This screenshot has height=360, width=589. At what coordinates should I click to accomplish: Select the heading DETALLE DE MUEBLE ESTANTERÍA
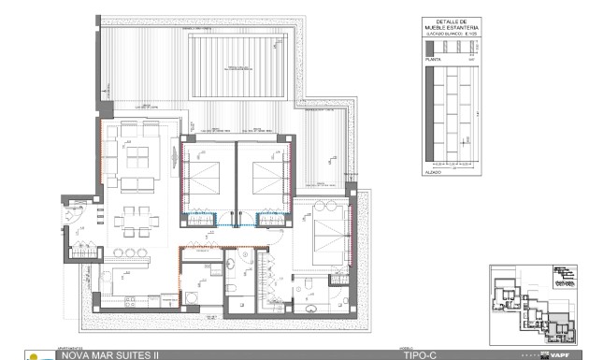click(x=452, y=26)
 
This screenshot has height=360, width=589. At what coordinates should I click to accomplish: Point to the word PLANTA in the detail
click(x=433, y=58)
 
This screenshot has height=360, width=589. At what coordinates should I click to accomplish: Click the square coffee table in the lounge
click(x=141, y=154)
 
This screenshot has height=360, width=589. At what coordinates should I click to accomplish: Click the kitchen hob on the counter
click(x=122, y=274)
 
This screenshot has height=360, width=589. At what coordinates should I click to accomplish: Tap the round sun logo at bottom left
click(x=36, y=356)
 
